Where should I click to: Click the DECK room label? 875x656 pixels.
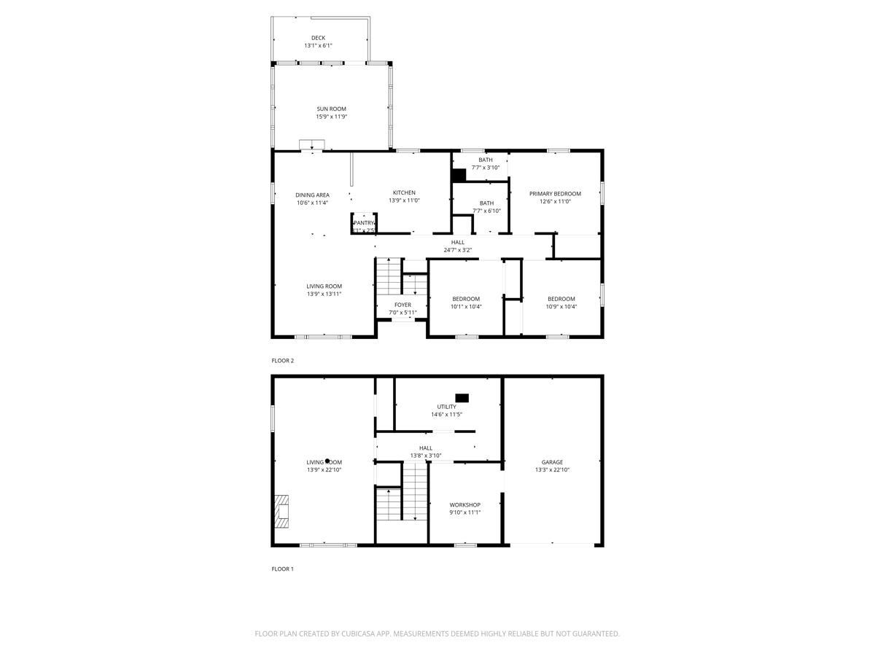coord(318,38)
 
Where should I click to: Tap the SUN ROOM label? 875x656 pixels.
coord(331,109)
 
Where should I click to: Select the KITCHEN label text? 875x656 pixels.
coord(404,192)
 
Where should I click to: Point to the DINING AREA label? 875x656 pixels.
coord(312,195)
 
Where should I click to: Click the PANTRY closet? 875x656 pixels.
coord(363,223)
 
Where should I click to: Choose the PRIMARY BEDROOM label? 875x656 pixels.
coord(555,193)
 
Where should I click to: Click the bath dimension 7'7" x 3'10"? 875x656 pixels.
coord(486,168)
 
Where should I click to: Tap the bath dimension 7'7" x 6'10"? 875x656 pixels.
coord(486,211)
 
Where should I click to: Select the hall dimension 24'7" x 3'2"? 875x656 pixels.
coord(458,250)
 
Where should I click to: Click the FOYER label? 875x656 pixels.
coord(402,305)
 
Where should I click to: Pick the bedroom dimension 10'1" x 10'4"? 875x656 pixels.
coord(466,307)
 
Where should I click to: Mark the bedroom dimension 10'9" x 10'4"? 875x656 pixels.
coord(561,307)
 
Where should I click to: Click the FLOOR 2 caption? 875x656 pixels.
coord(283,361)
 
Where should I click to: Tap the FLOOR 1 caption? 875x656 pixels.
coord(283,569)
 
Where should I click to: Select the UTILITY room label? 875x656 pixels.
coord(446,407)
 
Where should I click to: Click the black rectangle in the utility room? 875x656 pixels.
coord(462,398)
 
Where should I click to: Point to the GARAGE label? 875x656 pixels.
coord(552,462)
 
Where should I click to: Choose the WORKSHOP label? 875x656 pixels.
coord(464,504)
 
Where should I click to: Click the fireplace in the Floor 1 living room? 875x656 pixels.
coord(281,511)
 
